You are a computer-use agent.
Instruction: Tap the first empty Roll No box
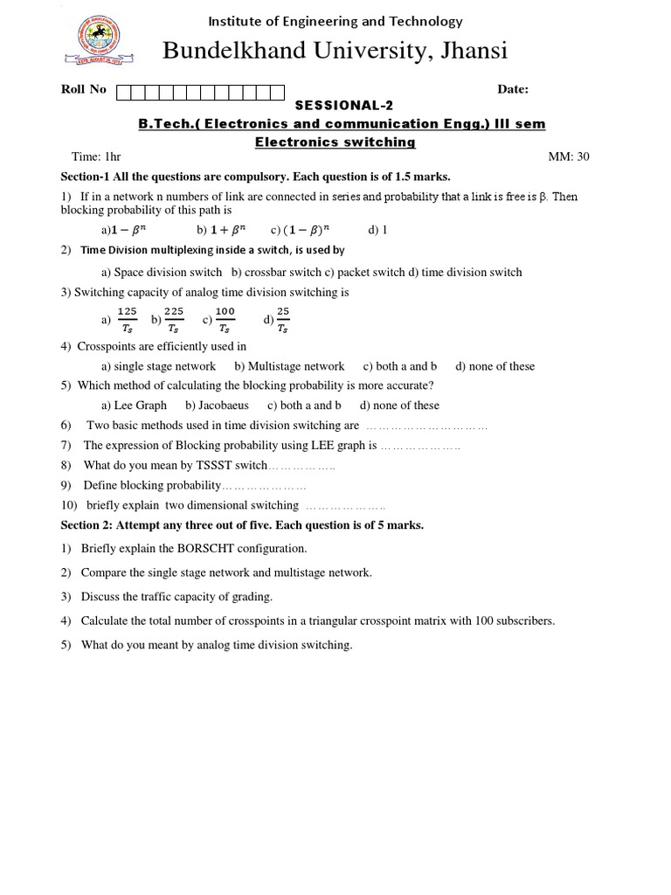click(123, 91)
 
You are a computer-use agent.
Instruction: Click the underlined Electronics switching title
click(335, 142)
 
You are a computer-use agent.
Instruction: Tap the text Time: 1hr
click(96, 157)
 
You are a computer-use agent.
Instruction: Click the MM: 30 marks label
click(569, 157)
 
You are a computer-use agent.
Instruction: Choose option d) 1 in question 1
click(377, 230)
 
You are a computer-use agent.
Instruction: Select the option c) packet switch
click(364, 272)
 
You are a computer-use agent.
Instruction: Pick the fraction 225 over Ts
click(174, 320)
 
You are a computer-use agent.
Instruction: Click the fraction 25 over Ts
click(283, 320)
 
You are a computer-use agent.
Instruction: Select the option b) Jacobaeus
click(217, 405)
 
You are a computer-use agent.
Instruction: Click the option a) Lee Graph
click(134, 405)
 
